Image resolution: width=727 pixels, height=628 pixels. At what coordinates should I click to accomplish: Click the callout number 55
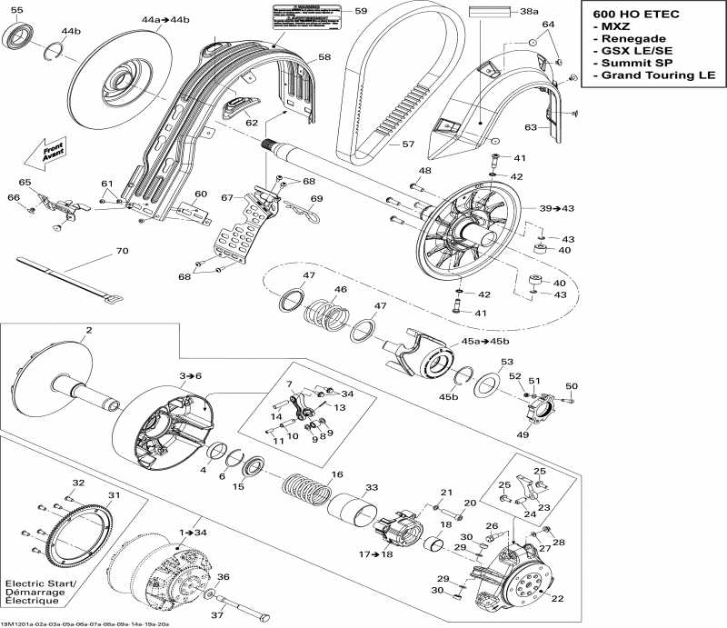click(x=17, y=11)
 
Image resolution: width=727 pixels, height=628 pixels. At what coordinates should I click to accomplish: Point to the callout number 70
click(x=121, y=251)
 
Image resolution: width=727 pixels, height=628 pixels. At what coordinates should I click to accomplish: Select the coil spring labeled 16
click(x=306, y=491)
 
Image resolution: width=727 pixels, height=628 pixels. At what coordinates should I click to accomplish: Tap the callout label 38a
click(x=529, y=13)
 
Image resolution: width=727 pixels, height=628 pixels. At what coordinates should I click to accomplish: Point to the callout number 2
click(x=88, y=330)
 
